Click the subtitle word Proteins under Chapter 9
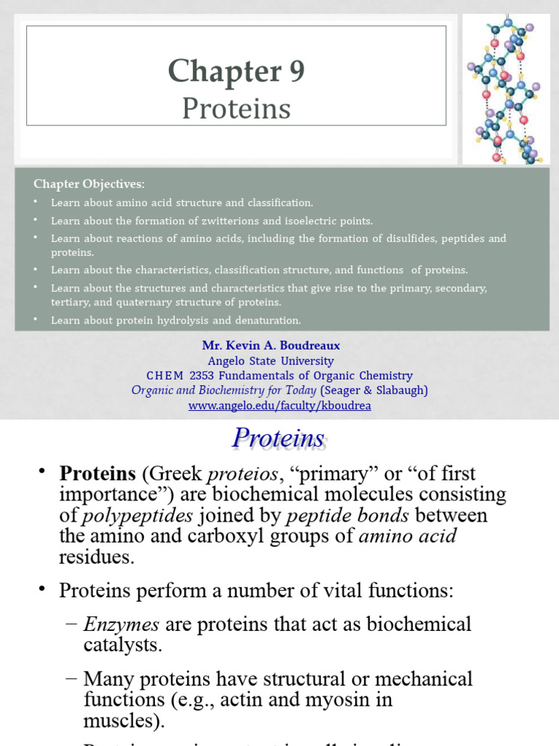pyautogui.click(x=236, y=109)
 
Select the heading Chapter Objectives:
pyautogui.click(x=89, y=184)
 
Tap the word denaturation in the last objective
pyautogui.click(x=265, y=320)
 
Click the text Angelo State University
pyautogui.click(x=271, y=361)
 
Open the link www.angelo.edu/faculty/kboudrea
pyautogui.click(x=279, y=406)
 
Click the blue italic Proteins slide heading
pyautogui.click(x=278, y=439)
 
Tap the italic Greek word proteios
pyautogui.click(x=242, y=474)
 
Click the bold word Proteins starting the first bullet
pyautogui.click(x=98, y=474)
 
